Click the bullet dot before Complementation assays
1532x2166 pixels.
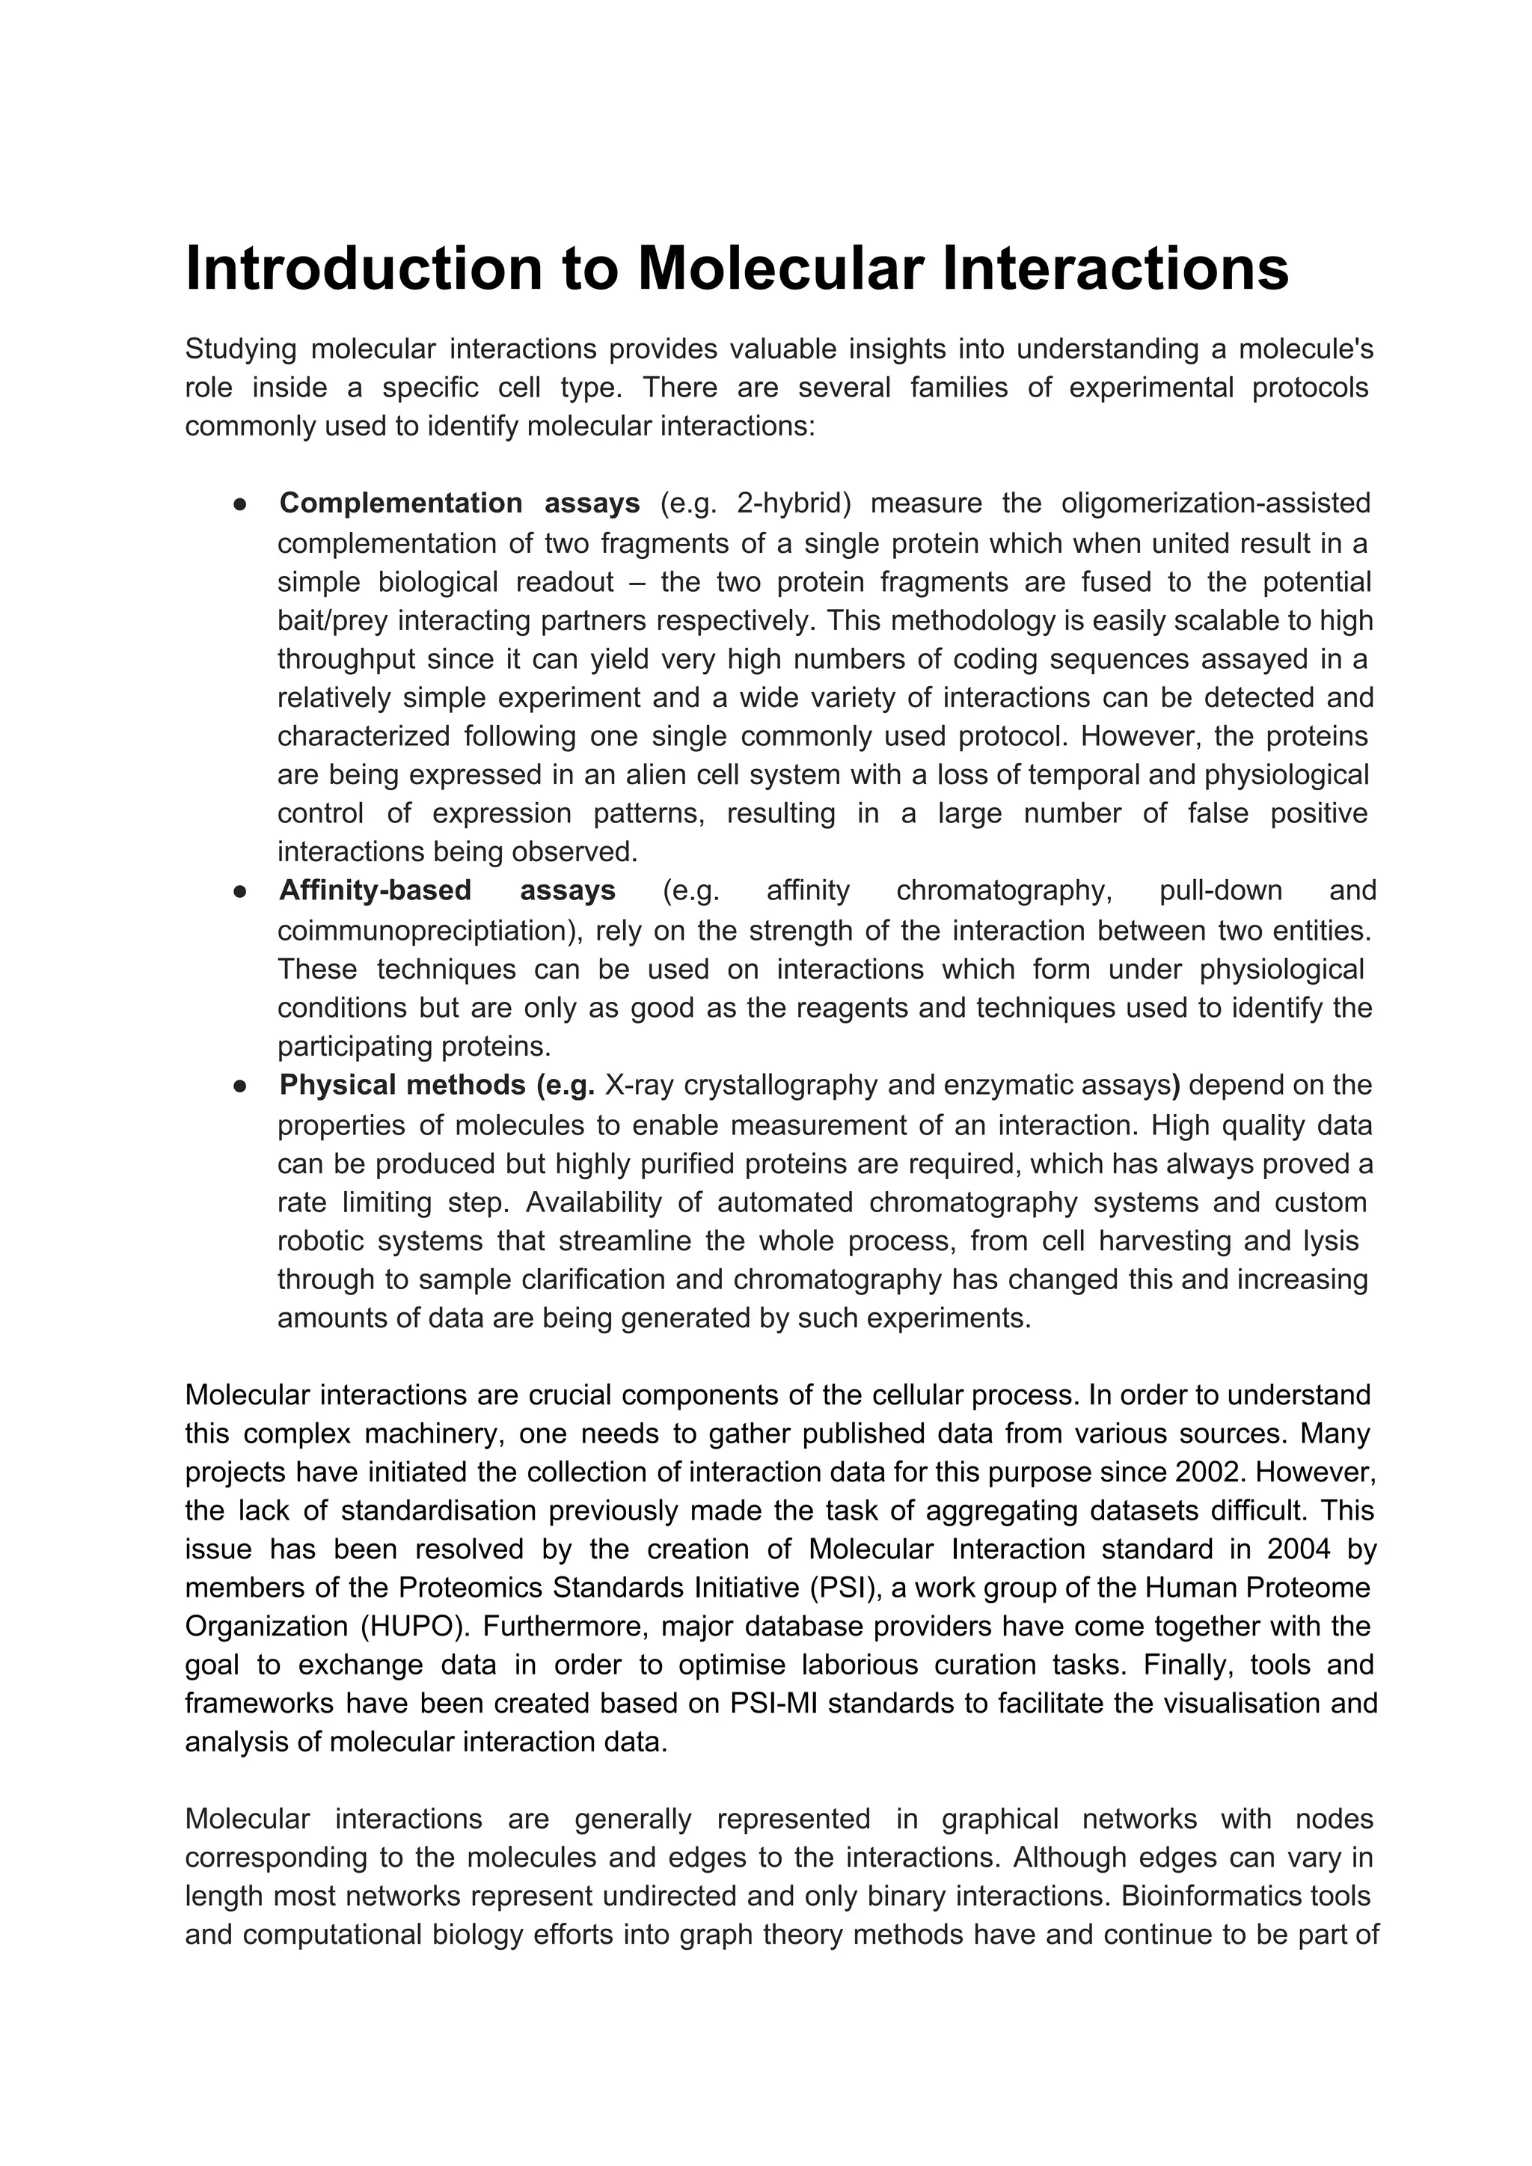[x=241, y=505]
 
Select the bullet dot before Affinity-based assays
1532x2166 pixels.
[x=241, y=892]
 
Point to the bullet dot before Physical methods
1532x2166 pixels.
[x=241, y=1087]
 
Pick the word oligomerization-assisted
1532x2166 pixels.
[x=1215, y=504]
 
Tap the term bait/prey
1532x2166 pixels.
[x=333, y=621]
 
